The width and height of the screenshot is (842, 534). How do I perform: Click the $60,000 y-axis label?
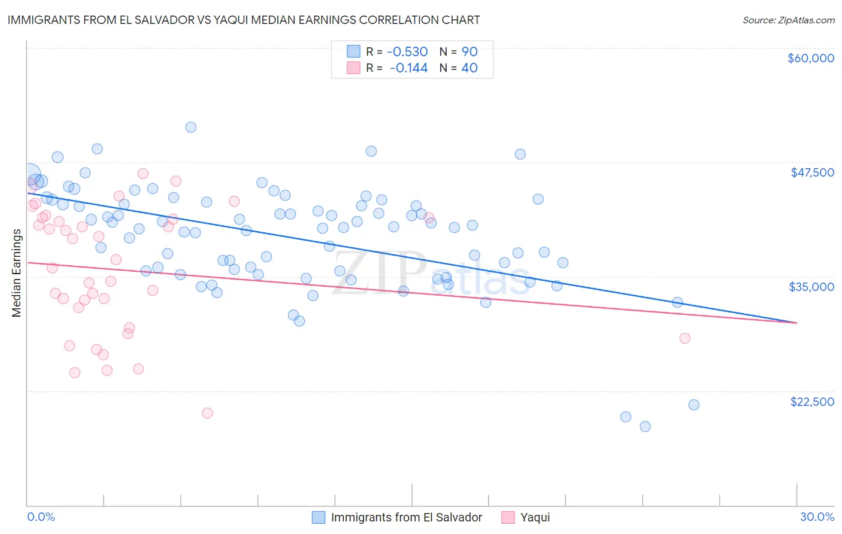810,58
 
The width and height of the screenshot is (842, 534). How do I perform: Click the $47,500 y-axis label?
812,172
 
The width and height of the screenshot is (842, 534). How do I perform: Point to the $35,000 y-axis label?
811,287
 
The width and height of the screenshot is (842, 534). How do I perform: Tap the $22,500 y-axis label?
812,402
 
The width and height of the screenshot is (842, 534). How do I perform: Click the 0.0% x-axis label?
41,517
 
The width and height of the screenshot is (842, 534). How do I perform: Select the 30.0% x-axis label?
817,517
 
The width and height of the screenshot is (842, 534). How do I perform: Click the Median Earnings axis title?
16,272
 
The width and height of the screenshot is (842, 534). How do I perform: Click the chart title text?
244,20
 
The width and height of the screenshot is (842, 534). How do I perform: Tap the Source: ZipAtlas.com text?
788,20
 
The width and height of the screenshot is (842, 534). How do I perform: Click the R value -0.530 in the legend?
407,51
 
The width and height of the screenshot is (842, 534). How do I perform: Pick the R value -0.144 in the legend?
408,68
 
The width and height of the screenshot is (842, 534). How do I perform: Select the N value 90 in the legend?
470,51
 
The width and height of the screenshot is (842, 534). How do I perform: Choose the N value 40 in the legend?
470,68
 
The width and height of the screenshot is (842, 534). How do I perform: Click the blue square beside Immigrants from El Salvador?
319,517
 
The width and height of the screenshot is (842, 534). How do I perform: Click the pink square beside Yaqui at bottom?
508,517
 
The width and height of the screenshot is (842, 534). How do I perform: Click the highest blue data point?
190,127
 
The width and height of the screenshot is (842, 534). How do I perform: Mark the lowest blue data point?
645,426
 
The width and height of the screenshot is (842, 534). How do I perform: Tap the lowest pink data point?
207,412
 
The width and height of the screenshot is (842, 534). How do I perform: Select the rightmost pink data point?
684,338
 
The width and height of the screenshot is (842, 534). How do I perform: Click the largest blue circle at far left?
30,174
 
